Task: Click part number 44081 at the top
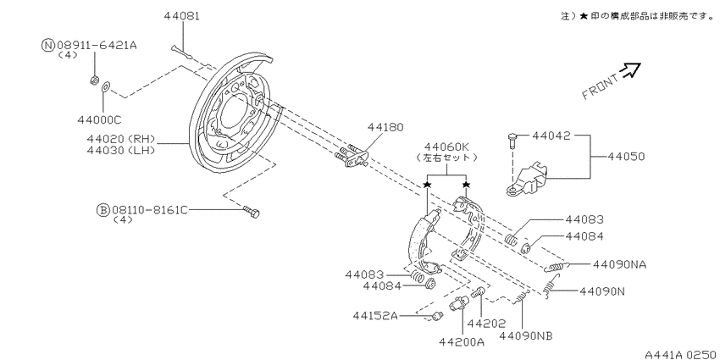tap(182, 16)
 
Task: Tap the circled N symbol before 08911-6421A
tap(48, 45)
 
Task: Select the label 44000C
tap(99, 119)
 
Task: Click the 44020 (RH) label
tap(121, 139)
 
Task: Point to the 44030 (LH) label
tap(121, 150)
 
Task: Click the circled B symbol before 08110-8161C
tap(102, 210)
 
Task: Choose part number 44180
tap(385, 127)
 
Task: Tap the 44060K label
tap(446, 147)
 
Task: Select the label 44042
tap(551, 136)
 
